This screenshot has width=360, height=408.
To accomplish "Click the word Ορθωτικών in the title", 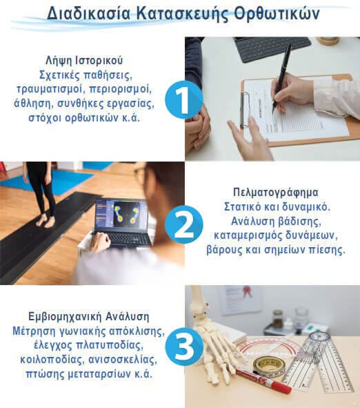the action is (277, 13).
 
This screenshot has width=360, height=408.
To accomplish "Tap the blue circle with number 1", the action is (183, 99).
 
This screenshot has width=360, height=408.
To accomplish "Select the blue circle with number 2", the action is (183, 224).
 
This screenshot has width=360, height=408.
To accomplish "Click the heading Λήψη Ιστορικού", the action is (84, 61).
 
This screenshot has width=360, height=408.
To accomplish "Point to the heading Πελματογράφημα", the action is (276, 193).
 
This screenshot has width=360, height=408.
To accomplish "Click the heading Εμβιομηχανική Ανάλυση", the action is (89, 317).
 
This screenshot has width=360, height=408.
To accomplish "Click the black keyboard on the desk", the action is (272, 49).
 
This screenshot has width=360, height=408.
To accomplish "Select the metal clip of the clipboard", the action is (243, 109).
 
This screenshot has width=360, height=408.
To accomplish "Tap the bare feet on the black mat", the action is (45, 222).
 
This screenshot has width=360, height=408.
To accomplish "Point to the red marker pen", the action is (263, 380).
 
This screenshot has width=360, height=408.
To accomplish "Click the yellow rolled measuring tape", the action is (269, 367).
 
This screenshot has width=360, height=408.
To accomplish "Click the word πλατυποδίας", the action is (110, 346).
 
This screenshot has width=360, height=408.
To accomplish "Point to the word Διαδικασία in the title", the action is (89, 13).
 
